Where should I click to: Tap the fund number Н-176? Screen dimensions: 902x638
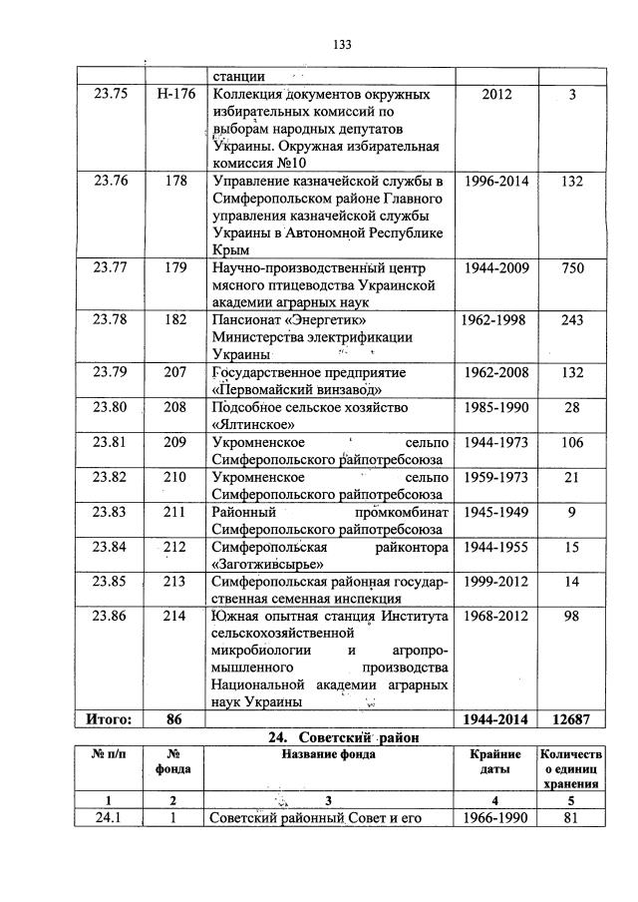point(174,95)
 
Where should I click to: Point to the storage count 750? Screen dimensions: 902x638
point(571,267)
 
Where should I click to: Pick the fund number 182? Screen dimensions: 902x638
point(175,320)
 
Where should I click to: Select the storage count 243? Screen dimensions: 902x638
point(571,320)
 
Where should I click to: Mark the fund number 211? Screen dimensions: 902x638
point(175,511)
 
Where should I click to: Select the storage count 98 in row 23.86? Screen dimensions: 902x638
point(571,616)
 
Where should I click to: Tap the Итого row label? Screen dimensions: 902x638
point(111,718)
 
